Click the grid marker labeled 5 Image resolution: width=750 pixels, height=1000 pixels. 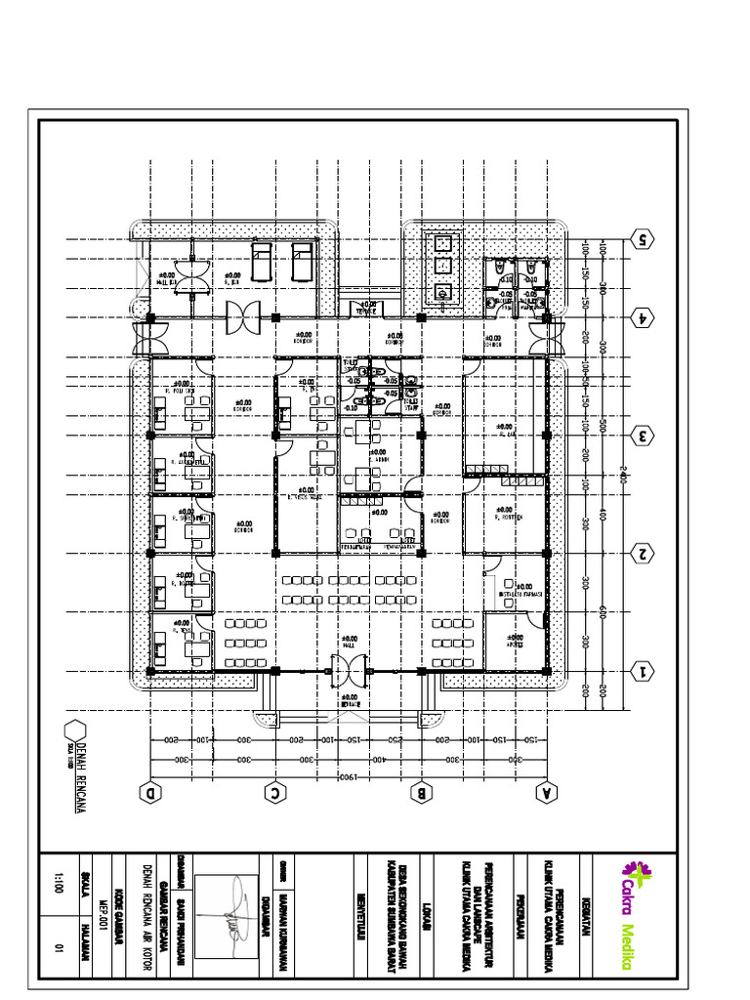click(x=642, y=237)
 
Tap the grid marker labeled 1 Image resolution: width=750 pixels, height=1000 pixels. click(x=642, y=671)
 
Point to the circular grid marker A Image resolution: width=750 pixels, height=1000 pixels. click(x=545, y=794)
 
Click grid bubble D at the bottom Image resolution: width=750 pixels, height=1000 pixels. click(x=150, y=794)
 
